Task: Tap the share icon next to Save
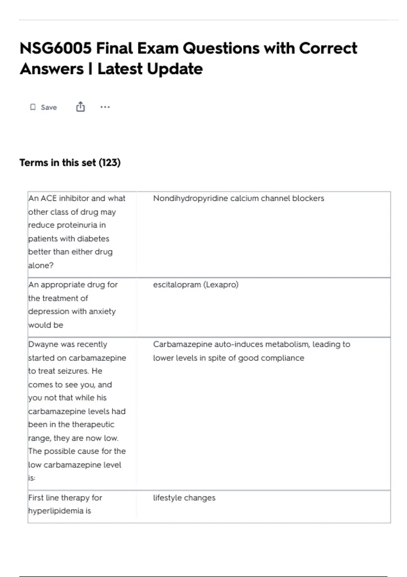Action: point(80,107)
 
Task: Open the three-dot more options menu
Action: point(105,107)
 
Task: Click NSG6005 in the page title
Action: point(55,48)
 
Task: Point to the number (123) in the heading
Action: point(110,163)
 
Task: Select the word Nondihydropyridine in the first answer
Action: point(190,198)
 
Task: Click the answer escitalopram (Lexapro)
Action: point(196,284)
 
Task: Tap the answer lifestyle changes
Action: point(184,498)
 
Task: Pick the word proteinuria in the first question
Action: point(77,225)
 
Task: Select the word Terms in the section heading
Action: point(34,163)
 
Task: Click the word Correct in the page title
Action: point(328,48)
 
